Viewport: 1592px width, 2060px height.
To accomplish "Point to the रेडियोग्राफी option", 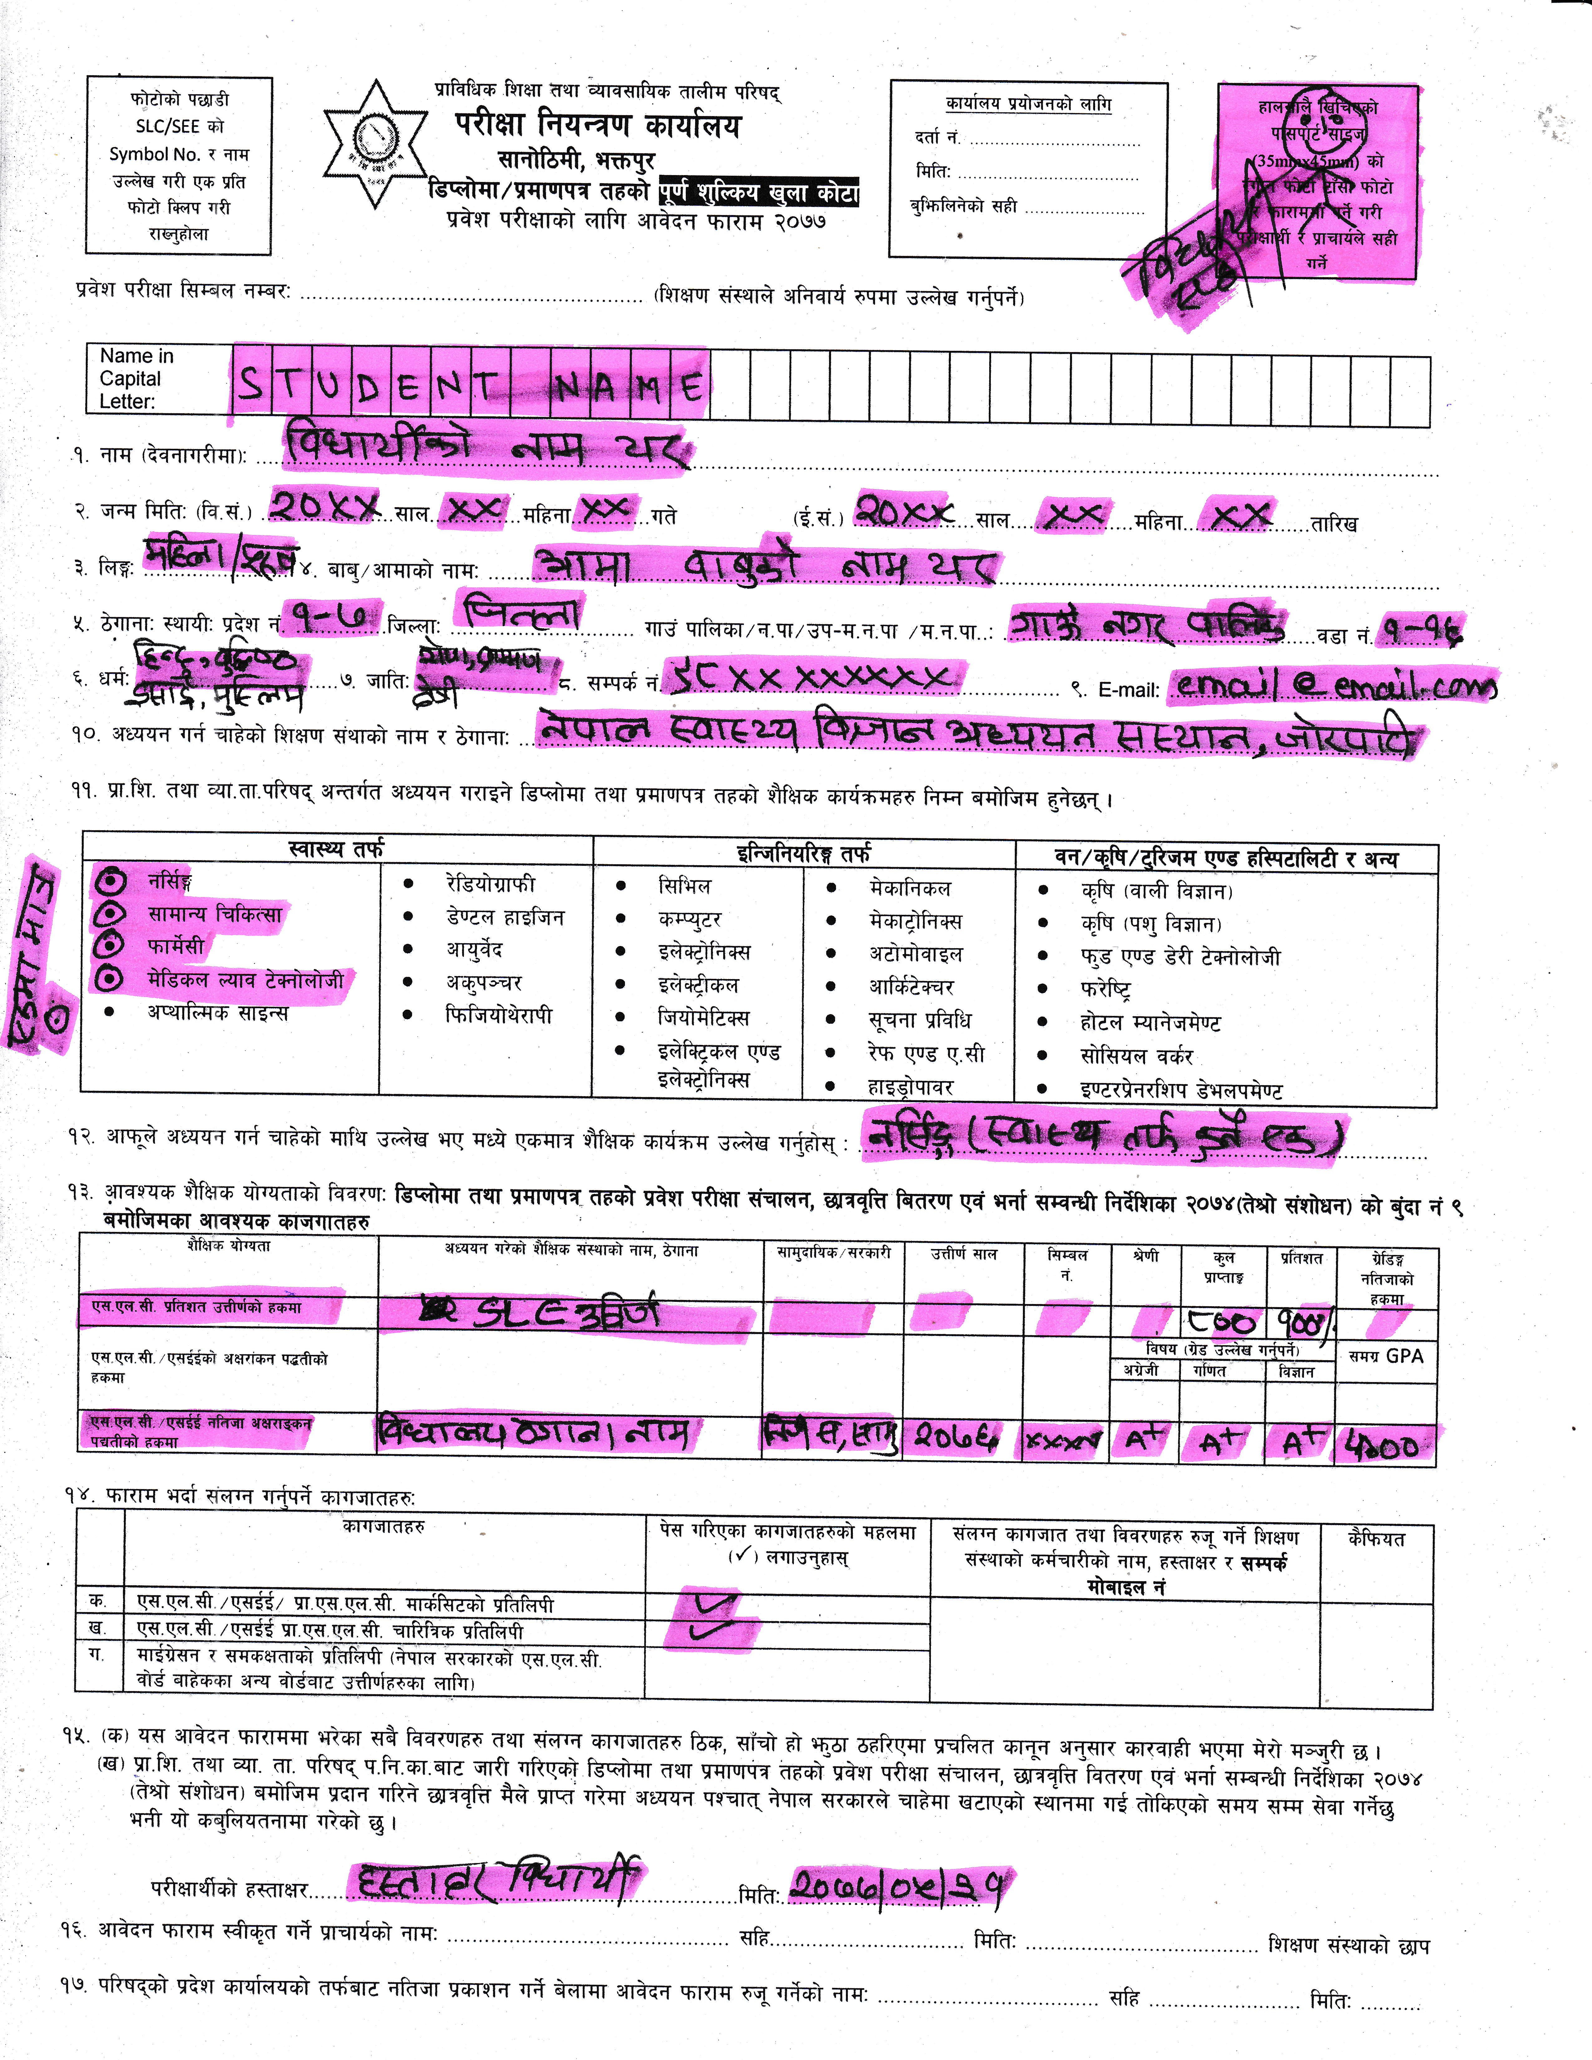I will (490, 884).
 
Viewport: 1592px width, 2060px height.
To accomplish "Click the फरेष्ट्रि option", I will (1105, 989).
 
